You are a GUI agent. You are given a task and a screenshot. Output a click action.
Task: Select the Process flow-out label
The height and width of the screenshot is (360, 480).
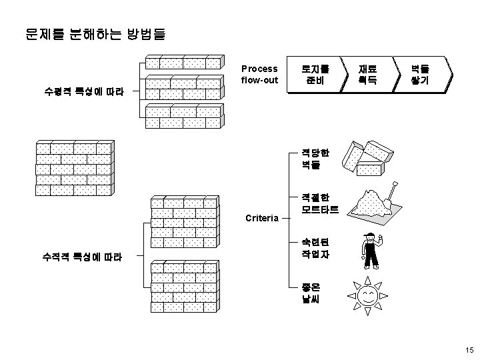tap(260, 75)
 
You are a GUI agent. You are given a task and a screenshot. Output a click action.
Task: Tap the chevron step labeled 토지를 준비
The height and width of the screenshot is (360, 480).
tap(313, 75)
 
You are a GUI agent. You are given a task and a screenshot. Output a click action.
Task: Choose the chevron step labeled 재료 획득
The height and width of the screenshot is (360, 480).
tap(367, 75)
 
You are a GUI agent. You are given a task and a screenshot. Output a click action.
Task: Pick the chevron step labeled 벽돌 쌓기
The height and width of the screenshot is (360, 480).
tap(421, 75)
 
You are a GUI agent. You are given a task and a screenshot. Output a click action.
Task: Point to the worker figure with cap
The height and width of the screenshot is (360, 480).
tap(369, 251)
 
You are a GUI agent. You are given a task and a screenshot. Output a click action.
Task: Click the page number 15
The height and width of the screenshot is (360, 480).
tap(468, 350)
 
